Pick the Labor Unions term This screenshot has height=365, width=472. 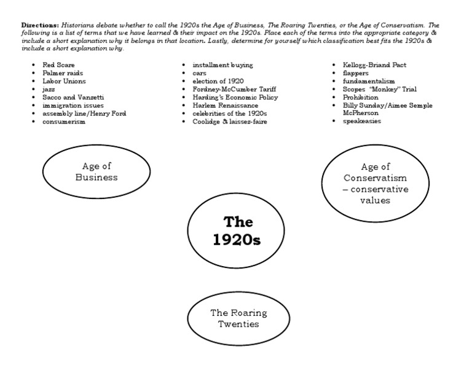pos(64,80)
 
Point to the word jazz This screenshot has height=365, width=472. pos(49,89)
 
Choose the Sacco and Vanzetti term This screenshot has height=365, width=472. pos(69,97)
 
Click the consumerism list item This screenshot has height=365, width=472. pos(64,122)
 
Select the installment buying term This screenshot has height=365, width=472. pos(222,65)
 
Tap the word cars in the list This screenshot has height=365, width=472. pos(199,73)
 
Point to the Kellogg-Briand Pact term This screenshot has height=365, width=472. pos(374,65)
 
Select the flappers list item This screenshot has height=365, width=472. pos(356,73)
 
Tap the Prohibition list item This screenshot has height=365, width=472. pos(361,97)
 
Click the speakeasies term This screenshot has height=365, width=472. pos(362,122)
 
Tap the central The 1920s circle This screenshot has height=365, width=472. pos(237,230)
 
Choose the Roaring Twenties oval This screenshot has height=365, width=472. pos(238,318)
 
